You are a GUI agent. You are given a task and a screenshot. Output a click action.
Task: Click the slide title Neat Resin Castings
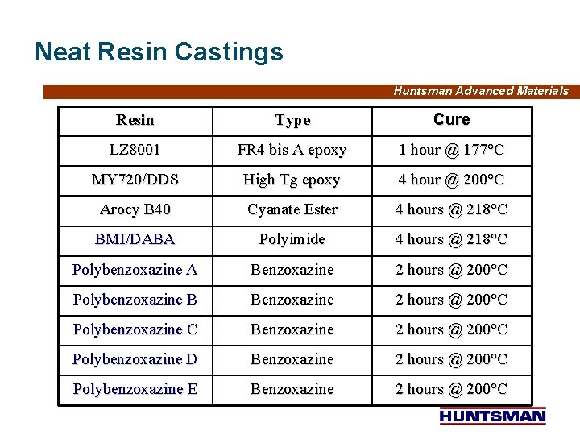point(159,52)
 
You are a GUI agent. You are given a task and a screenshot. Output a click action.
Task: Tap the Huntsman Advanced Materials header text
point(480,91)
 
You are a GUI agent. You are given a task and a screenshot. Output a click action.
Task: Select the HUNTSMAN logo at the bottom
point(493,416)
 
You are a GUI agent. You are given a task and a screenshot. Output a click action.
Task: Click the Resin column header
point(135,120)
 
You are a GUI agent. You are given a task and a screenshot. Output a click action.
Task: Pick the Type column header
point(292,120)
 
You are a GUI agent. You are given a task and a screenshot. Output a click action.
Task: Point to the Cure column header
point(451,120)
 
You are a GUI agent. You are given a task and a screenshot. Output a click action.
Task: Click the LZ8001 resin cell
point(135,150)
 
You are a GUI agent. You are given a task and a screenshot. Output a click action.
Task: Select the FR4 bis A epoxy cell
point(292,150)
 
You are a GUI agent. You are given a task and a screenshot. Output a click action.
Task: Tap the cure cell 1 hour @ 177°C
point(451,150)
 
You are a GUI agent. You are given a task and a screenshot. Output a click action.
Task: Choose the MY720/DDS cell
point(135,180)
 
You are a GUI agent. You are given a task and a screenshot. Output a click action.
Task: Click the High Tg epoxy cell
point(292,180)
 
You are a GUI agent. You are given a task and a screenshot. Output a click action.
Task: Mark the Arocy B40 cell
point(135,209)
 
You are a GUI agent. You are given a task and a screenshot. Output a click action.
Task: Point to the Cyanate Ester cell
point(292,209)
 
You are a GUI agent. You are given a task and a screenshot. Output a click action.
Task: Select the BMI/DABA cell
point(135,239)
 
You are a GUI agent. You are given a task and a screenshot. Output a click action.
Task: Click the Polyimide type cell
point(292,239)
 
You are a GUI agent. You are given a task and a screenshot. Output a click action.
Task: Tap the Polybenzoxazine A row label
point(135,270)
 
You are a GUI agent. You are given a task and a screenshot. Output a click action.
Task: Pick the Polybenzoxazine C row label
point(135,329)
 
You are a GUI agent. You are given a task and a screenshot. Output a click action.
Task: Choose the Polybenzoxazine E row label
point(135,389)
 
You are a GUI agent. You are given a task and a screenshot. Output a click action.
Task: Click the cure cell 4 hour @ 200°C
point(451,180)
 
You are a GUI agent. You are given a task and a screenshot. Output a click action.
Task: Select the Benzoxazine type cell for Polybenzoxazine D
point(292,359)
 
